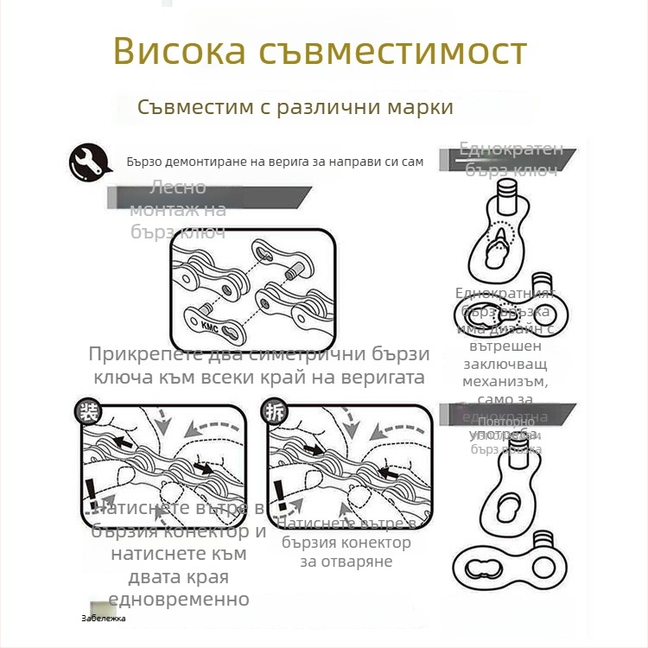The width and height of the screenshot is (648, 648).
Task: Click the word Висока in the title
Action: coord(181,52)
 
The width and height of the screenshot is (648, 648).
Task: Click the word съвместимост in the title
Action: coord(393,52)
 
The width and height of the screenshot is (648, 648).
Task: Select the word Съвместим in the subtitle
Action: coord(194,107)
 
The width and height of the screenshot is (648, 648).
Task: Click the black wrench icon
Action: coord(88,161)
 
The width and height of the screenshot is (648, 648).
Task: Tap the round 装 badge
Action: coord(87,411)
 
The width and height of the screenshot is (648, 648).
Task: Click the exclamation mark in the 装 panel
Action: coord(92,498)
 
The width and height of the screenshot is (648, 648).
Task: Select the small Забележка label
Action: coord(103,619)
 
